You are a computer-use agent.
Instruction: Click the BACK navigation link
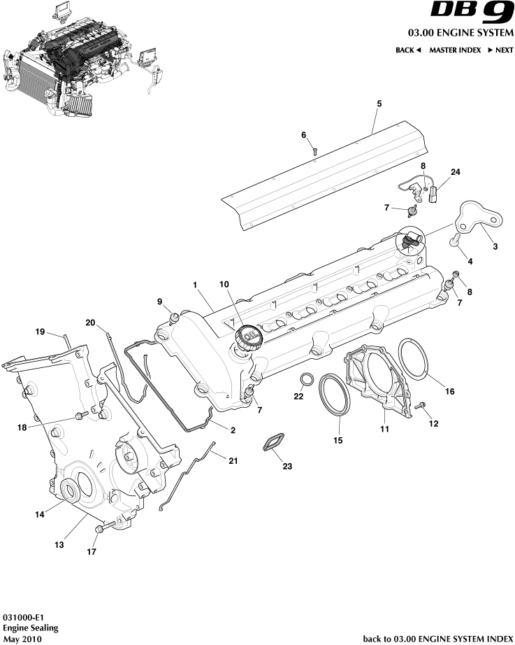click(408, 50)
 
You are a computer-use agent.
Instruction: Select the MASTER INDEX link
click(454, 50)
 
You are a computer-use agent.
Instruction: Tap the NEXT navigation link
click(500, 50)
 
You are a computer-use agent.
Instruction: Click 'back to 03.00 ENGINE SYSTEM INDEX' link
click(438, 639)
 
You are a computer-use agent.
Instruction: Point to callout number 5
click(379, 104)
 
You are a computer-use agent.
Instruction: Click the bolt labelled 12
click(420, 406)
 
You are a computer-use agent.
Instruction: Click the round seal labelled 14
click(70, 491)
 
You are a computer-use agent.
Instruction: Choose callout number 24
click(455, 172)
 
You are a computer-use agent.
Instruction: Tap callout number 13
click(59, 544)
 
